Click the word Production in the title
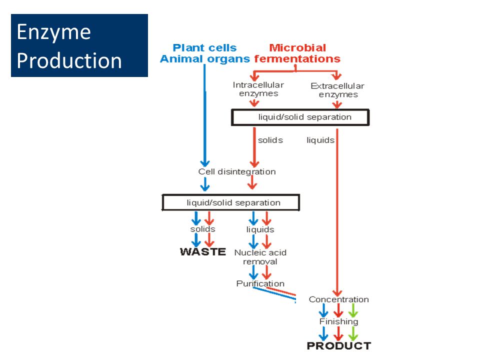coord(69,60)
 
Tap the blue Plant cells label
coord(204,48)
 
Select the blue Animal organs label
coord(205,59)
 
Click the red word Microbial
coord(297,48)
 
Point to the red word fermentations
coord(297,59)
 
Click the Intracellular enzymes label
coord(258,89)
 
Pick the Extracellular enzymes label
coord(337,90)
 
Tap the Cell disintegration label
coord(237,171)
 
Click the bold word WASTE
coord(203,251)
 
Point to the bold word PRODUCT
coord(339,345)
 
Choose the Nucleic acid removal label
coord(260,257)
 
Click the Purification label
coord(260,283)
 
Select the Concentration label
coord(338,299)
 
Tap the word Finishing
coord(338,321)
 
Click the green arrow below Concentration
coord(353,310)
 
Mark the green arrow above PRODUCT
coord(353,333)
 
